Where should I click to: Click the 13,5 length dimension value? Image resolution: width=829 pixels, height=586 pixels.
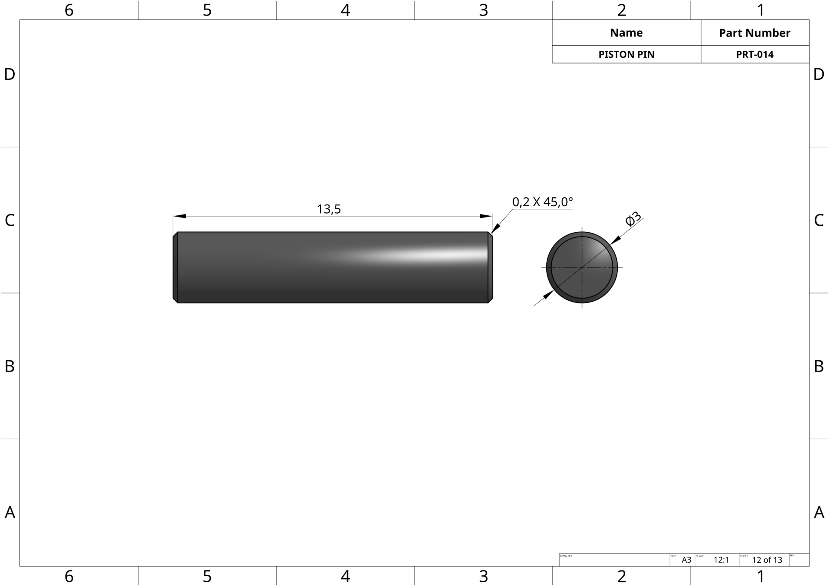click(329, 209)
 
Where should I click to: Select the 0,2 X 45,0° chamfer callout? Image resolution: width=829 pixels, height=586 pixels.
click(542, 202)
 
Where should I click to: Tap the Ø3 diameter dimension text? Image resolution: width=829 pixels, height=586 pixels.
click(633, 219)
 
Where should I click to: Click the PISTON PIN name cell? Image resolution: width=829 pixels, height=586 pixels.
click(626, 54)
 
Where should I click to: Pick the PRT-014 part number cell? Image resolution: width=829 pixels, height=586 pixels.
click(755, 54)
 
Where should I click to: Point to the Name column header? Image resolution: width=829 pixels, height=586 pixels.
click(626, 33)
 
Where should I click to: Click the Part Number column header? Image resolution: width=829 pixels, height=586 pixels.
click(755, 33)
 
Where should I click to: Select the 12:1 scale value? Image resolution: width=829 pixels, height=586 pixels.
click(721, 560)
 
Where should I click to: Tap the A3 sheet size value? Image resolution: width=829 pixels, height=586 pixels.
click(687, 560)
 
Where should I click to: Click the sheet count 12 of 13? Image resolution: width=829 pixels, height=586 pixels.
click(767, 560)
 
